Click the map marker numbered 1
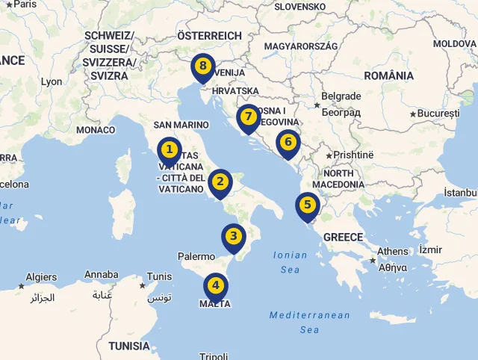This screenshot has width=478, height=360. pyautogui.click(x=170, y=150)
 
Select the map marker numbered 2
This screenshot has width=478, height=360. pyautogui.click(x=220, y=181)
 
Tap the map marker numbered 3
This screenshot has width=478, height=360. pyautogui.click(x=234, y=238)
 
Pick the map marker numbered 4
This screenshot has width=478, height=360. pyautogui.click(x=216, y=285)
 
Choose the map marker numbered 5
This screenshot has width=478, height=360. pyautogui.click(x=307, y=205)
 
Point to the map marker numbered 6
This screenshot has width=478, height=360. pyautogui.click(x=288, y=141)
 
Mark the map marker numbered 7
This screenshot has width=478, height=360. pyautogui.click(x=248, y=117)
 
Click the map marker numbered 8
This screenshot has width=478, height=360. pyautogui.click(x=202, y=66)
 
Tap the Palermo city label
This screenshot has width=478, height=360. pyautogui.click(x=196, y=256)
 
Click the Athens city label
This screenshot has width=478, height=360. pyautogui.click(x=393, y=251)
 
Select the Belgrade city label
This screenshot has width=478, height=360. pyautogui.click(x=341, y=96)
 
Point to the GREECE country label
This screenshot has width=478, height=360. pyautogui.click(x=343, y=237)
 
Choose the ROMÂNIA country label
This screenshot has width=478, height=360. pyautogui.click(x=388, y=75)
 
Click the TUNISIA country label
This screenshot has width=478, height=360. pyautogui.click(x=129, y=346)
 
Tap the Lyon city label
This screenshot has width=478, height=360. pyautogui.click(x=52, y=82)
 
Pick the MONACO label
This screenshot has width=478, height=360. pyautogui.click(x=96, y=129)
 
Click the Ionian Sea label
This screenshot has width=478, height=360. pyautogui.click(x=291, y=261)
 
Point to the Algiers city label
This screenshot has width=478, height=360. pyautogui.click(x=41, y=276)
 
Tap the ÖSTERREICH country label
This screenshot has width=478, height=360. pyautogui.click(x=209, y=35)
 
